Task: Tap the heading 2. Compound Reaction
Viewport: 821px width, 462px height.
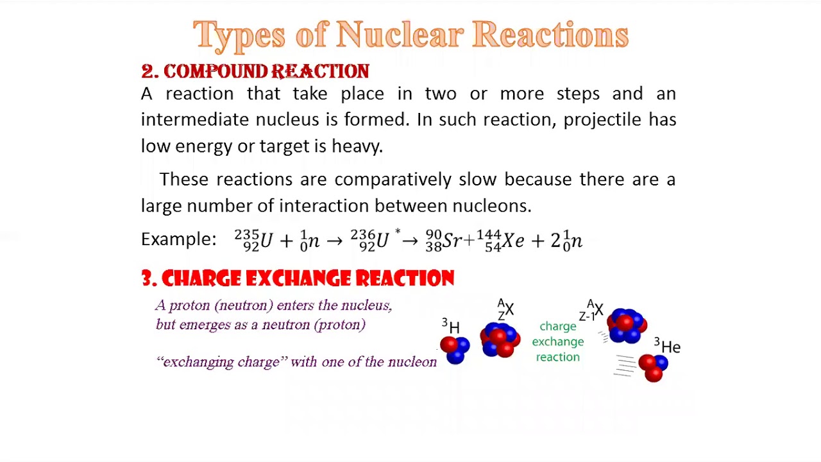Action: click(255, 71)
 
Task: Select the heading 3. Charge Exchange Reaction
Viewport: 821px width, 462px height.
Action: click(298, 278)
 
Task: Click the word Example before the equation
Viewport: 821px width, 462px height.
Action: click(178, 239)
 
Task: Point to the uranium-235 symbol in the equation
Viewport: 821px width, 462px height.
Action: click(254, 240)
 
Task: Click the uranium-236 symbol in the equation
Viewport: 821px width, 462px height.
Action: click(370, 240)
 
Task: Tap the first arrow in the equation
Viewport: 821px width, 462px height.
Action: click(334, 241)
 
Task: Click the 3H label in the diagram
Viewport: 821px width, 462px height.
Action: click(450, 327)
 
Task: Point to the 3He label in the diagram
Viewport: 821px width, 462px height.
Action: click(667, 346)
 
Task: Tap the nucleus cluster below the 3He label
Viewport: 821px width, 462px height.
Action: click(654, 367)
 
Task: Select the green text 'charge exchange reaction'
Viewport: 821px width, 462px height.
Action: click(557, 342)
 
